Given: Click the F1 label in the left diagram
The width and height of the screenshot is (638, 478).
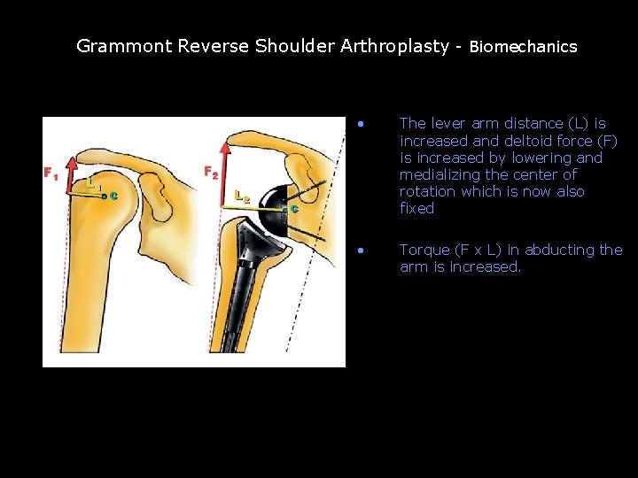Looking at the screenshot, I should click(x=51, y=173).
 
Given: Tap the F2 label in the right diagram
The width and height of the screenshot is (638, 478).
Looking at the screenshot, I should click(x=211, y=171).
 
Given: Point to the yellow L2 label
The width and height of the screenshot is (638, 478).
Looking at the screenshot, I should click(x=241, y=195).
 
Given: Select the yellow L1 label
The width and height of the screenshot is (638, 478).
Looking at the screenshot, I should click(x=91, y=181).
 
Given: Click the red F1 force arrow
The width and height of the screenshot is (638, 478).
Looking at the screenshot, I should click(x=75, y=177).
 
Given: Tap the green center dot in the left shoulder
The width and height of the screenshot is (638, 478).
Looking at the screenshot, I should click(x=104, y=197).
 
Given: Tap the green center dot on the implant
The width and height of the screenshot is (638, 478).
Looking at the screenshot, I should click(x=284, y=209).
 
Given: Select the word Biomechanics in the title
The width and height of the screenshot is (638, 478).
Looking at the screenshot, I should click(x=523, y=47).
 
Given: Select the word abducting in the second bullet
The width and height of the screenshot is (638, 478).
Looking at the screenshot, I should click(x=561, y=250).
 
